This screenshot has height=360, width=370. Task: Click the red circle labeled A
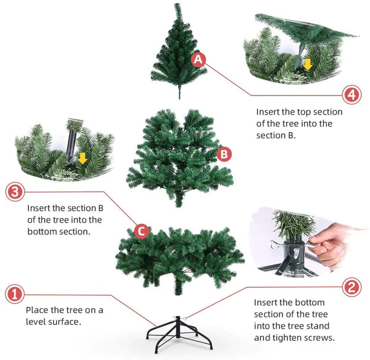(x=198, y=59)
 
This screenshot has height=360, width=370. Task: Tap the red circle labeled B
(x=224, y=154)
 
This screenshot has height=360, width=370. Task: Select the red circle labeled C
(x=142, y=231)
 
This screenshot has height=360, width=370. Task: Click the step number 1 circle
(x=15, y=295)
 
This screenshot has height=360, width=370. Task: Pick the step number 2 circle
(x=351, y=287)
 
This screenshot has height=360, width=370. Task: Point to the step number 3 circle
(x=15, y=192)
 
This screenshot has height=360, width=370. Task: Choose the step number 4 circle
(x=351, y=94)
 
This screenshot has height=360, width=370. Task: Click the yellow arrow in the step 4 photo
(x=308, y=64)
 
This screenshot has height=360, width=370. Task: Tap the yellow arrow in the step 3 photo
(x=83, y=158)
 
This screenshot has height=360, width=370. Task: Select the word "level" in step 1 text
(x=36, y=322)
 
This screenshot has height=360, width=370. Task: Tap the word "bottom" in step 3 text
(x=42, y=231)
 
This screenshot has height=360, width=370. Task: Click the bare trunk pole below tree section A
(x=179, y=91)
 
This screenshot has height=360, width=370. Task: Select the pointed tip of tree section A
(x=176, y=4)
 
